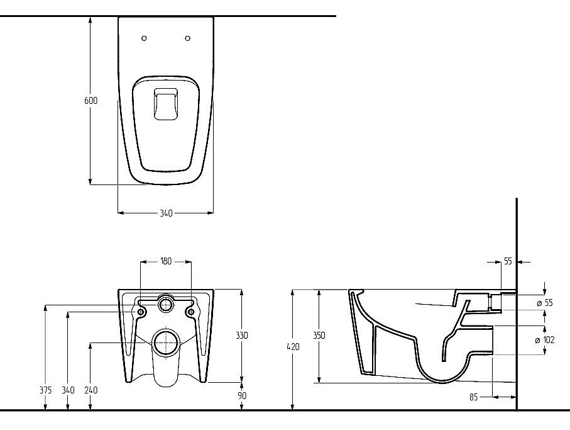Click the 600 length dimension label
click(91, 101)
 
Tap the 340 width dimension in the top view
click(166, 213)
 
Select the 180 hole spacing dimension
click(166, 261)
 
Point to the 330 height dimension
click(242, 336)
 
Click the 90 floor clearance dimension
click(242, 395)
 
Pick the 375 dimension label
click(45, 390)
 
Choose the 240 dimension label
click(91, 390)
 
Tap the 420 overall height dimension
click(293, 347)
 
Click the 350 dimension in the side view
click(319, 336)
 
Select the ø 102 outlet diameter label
click(545, 340)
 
